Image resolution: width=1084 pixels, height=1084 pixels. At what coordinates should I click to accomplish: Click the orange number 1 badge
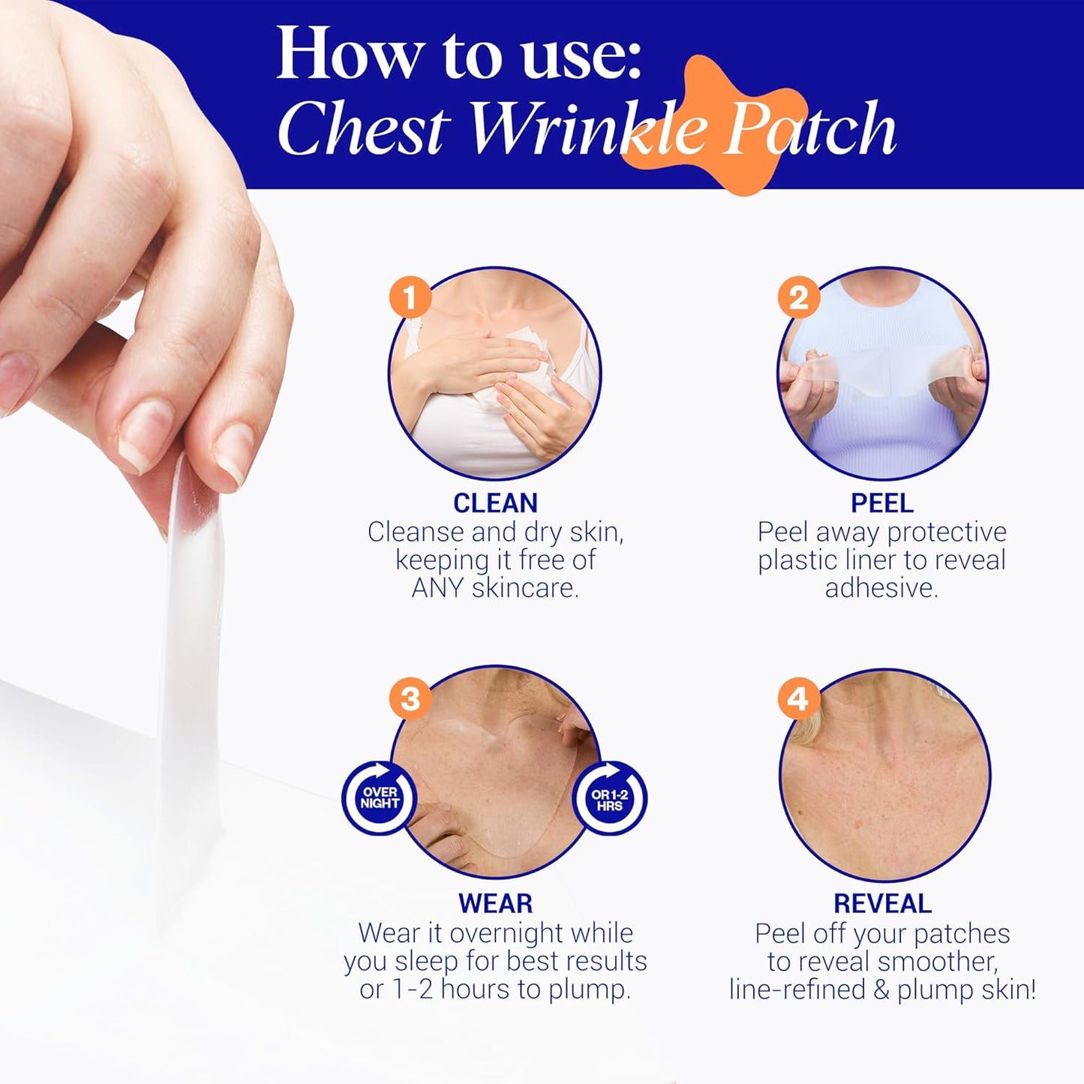410,298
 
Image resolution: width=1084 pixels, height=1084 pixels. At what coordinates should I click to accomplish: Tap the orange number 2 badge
798,298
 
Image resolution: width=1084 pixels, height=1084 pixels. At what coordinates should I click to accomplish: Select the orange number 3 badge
410,698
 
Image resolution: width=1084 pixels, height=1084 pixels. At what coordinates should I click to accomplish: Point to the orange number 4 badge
798,698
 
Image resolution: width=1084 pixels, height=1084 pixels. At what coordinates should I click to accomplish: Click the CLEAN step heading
495,503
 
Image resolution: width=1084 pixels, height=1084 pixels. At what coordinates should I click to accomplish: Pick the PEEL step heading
881,503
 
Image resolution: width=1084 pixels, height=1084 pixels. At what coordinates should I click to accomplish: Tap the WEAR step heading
495,903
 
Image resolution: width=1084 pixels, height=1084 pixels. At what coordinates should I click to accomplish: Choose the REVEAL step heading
882,903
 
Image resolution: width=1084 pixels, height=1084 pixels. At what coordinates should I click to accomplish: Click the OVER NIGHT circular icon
380,797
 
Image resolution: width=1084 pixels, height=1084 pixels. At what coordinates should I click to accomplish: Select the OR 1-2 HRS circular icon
609,799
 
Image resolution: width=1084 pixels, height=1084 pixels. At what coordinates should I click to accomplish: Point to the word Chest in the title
365,129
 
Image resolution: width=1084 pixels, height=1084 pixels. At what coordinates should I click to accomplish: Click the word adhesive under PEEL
881,588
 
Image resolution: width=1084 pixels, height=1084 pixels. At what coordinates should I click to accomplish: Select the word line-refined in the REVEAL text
797,989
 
